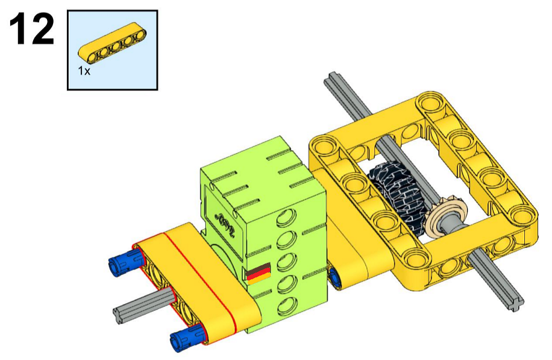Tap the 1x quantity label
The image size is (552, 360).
tap(84, 71)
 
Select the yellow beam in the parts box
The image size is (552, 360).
tap(112, 42)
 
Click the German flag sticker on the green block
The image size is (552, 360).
tap(259, 273)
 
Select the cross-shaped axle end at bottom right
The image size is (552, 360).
tap(514, 305)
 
